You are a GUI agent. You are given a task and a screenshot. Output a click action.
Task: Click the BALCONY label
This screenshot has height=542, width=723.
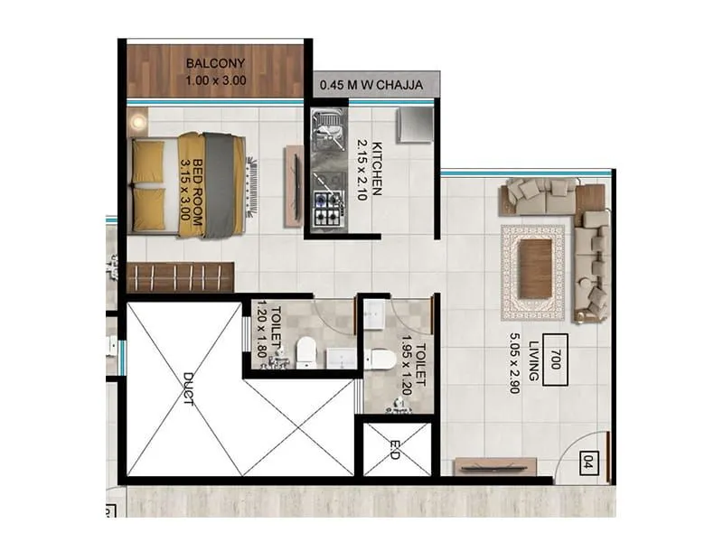pos(214,64)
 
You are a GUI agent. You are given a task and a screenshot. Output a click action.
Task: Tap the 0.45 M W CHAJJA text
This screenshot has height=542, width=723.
pos(376,88)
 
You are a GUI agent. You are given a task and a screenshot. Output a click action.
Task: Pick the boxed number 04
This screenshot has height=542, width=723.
pos(588,464)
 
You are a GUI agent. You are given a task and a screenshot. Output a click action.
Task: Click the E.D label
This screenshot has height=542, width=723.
pos(395,449)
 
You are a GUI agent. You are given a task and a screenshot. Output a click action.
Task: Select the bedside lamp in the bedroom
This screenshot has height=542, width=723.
pos(139,121)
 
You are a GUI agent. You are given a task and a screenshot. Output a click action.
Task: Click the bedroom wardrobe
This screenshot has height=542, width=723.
pos(180,276)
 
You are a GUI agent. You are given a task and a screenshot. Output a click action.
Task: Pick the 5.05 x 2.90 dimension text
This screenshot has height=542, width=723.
pos(516,366)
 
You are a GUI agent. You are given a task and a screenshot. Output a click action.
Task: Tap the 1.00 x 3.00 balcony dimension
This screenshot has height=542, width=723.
pos(214,79)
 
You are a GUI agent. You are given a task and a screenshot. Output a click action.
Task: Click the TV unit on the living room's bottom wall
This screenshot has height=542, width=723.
pos(495,465)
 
